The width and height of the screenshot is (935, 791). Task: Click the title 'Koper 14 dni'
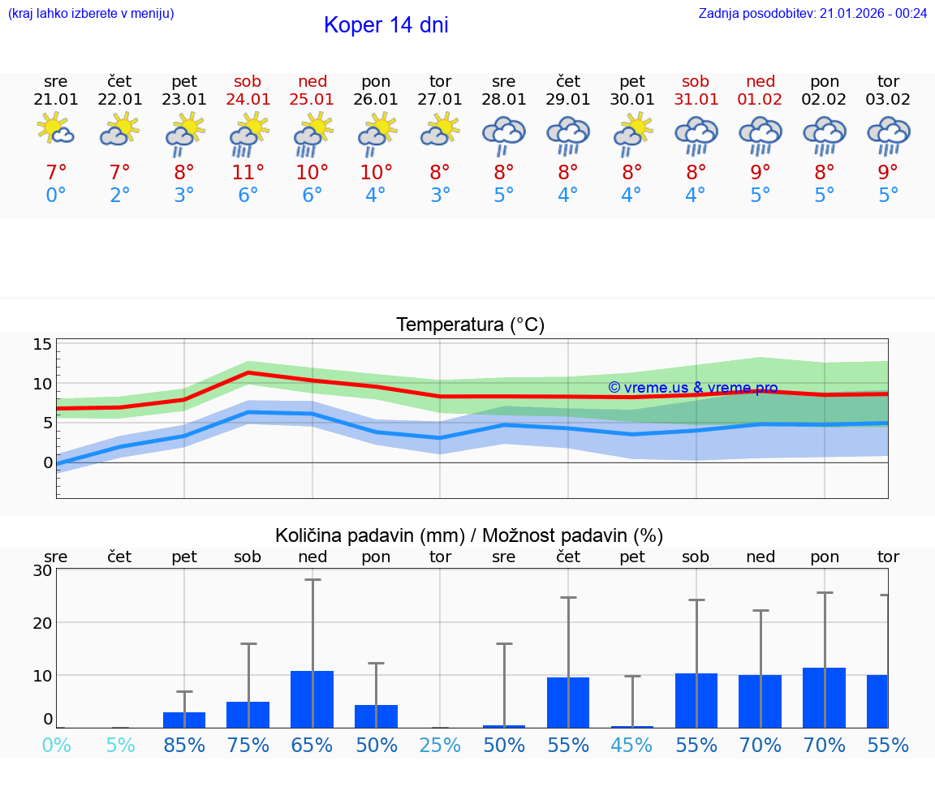coord(386,25)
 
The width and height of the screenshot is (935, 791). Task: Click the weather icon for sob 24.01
coord(248,134)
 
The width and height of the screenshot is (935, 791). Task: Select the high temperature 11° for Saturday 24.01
coord(248,172)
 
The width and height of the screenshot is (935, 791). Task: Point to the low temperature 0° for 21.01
coord(56,196)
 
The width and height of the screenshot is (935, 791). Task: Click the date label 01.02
coord(760,99)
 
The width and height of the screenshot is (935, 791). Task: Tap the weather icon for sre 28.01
coord(504,134)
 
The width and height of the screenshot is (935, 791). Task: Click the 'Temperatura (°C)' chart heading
coord(470,325)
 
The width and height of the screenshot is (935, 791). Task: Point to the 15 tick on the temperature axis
coord(42,344)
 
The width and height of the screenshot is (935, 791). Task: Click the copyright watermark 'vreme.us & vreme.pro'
coord(693,388)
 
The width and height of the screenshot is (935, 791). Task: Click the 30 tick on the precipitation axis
coord(42,570)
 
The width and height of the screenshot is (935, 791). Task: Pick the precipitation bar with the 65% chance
coord(312,699)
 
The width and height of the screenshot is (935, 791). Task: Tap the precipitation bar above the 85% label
coord(184,720)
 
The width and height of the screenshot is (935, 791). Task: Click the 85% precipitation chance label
coord(184,745)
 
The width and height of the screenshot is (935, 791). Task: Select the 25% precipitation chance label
coord(440,745)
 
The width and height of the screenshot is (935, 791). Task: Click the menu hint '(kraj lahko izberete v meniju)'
coord(91,13)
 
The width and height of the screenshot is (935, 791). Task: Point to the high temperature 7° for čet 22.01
coord(120,172)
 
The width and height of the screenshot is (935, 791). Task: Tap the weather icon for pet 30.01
coord(632,134)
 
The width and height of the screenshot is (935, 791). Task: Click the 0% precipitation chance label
coord(56,745)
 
